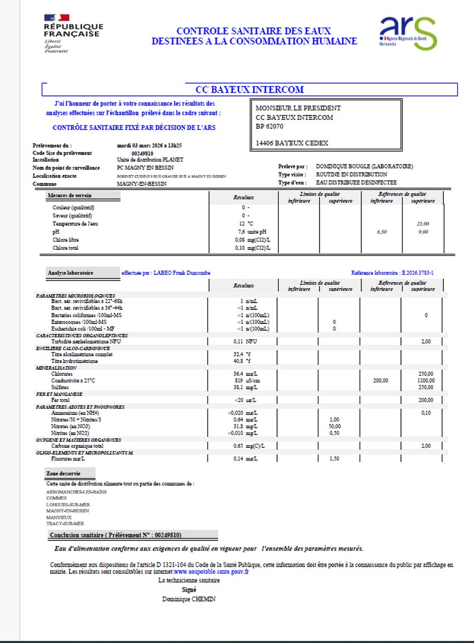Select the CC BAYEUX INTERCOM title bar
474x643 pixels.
(249, 89)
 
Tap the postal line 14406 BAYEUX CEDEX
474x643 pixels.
(292, 143)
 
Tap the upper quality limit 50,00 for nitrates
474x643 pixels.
(335, 426)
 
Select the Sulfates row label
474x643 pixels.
(61, 387)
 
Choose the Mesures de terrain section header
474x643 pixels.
(70, 195)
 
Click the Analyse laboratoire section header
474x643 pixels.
(71, 273)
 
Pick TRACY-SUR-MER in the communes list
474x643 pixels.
(65, 524)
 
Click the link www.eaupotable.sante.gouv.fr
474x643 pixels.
(211, 572)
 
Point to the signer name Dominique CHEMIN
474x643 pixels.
(188, 599)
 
